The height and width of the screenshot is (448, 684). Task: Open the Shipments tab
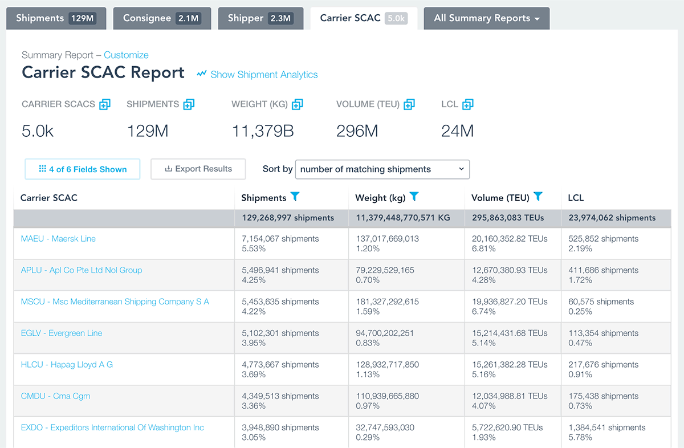(x=56, y=18)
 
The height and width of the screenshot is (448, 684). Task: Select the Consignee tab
(x=162, y=18)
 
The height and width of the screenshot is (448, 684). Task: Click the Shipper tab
(x=260, y=18)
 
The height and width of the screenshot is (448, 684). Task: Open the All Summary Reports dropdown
(x=486, y=18)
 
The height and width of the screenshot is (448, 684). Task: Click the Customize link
(x=126, y=55)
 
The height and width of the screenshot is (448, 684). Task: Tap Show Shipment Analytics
(x=258, y=75)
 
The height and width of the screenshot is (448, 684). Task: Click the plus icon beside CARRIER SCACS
(x=105, y=104)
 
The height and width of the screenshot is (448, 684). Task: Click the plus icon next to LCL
(x=467, y=104)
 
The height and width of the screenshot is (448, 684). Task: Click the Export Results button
(x=198, y=169)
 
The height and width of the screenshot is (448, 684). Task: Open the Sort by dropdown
(x=382, y=169)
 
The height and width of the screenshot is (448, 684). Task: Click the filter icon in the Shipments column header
(x=295, y=197)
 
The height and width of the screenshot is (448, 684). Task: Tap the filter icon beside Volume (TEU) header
(x=538, y=197)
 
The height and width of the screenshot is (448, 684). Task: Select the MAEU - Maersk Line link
(x=58, y=239)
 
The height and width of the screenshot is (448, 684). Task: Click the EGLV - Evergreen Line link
(x=62, y=333)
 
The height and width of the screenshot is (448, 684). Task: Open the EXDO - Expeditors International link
(x=112, y=427)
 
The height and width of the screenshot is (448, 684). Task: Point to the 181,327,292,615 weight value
(x=387, y=302)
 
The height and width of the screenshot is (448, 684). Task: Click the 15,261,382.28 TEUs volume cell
(x=510, y=365)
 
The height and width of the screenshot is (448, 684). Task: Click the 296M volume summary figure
(x=357, y=131)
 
